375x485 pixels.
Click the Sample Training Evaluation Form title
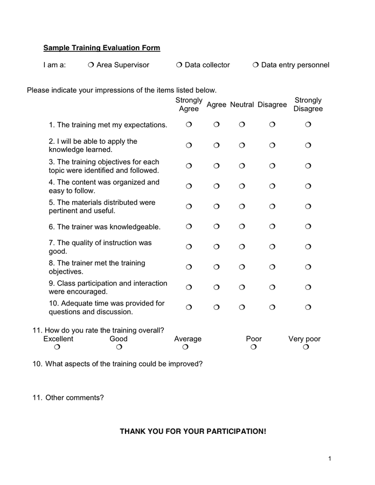tap(101, 48)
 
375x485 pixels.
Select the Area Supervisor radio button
tap(91, 65)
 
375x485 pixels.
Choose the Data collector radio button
tap(179, 65)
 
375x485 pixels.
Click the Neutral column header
tap(242, 105)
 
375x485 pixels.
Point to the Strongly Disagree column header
tap(308, 105)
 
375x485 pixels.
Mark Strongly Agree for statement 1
tap(189, 125)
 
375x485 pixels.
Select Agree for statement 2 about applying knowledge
tap(216, 145)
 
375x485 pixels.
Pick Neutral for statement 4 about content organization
tap(242, 186)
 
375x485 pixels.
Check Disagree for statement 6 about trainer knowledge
tap(272, 227)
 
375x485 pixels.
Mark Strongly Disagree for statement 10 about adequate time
tap(308, 308)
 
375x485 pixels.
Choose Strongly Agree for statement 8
tap(189, 267)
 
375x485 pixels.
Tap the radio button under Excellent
tap(58, 348)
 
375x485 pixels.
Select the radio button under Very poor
tap(305, 348)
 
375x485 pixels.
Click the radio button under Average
tap(185, 348)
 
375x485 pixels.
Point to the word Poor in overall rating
tap(254, 339)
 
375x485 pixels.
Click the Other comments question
tap(68, 398)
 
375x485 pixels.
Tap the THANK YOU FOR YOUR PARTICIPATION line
tap(193, 432)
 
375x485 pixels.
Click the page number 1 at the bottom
tap(329, 459)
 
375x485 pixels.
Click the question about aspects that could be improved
tap(117, 364)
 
